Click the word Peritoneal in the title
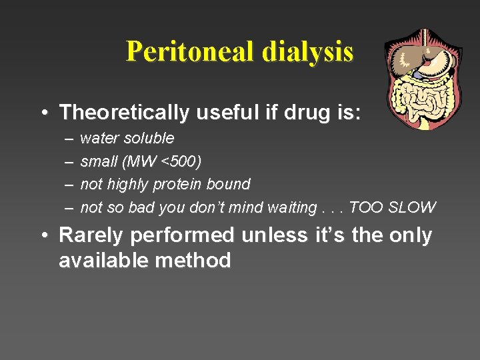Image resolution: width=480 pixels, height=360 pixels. [x=191, y=51]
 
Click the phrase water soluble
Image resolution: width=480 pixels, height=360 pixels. [x=127, y=139]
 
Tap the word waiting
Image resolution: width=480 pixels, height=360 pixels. [x=292, y=207]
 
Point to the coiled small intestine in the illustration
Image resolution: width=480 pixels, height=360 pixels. [x=420, y=100]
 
